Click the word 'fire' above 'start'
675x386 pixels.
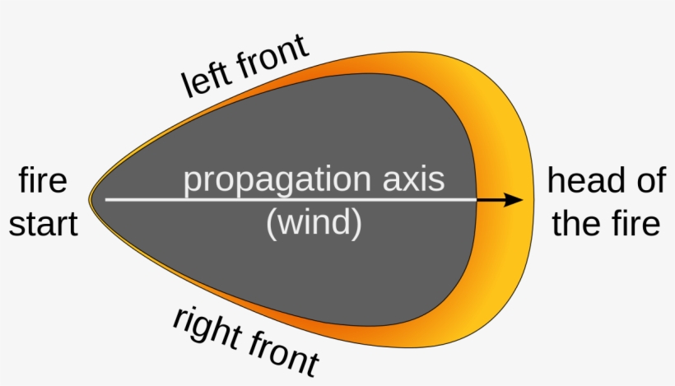pos(43,180)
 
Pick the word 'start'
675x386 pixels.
pos(43,223)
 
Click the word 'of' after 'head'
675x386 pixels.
pos(645,180)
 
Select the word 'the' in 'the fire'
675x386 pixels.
pos(574,223)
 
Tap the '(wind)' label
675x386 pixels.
pos(314,224)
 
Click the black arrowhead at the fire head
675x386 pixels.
pos(514,200)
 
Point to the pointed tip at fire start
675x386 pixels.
pos(91,199)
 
